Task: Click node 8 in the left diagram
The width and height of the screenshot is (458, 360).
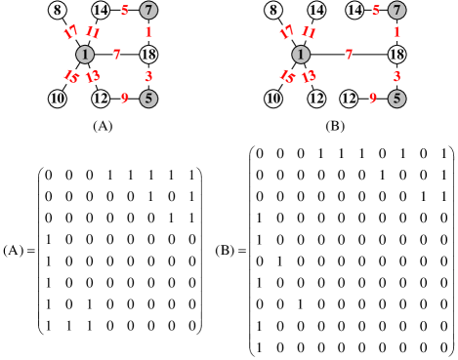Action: tap(58, 10)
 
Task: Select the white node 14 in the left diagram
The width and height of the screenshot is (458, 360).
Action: tap(101, 10)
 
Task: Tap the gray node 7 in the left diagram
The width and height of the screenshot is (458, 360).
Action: tap(148, 10)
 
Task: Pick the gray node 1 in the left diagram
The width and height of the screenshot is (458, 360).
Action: tap(85, 55)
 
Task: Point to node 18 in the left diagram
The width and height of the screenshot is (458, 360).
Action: tap(148, 55)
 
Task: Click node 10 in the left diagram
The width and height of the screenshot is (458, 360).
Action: tap(58, 99)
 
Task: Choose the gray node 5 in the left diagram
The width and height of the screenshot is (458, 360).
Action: tap(148, 99)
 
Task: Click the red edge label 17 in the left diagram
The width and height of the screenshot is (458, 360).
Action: tap(70, 32)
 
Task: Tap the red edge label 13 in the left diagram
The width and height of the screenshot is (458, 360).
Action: tap(93, 76)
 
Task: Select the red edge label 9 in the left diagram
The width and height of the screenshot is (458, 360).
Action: tap(124, 99)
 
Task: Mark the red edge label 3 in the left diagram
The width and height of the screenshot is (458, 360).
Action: tap(148, 76)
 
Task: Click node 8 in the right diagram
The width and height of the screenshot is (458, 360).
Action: tap(273, 10)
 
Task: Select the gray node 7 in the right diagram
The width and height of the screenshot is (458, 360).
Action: tap(396, 10)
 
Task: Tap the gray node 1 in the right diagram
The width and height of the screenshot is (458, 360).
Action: tap(301, 55)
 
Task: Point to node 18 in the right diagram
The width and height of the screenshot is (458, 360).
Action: tap(396, 55)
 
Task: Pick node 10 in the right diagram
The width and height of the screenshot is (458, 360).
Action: tap(273, 99)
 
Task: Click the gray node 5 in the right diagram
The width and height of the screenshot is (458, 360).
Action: tap(396, 99)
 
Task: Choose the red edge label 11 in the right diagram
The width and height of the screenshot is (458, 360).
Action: tap(309, 32)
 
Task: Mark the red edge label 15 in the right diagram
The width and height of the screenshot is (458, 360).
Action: tap(286, 76)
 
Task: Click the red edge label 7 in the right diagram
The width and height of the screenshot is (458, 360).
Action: tap(349, 55)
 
